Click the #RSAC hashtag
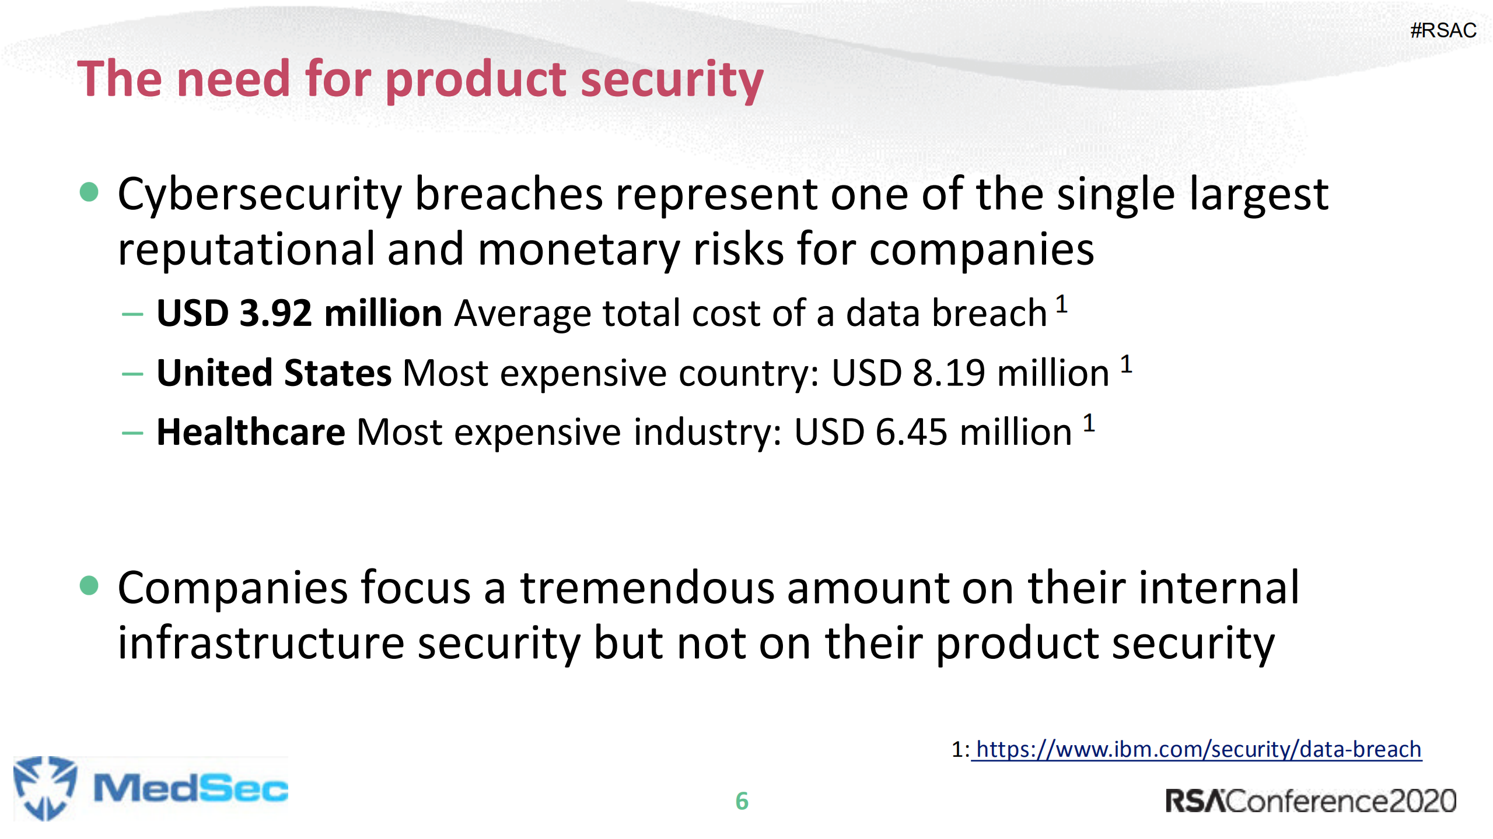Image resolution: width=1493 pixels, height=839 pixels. (1443, 30)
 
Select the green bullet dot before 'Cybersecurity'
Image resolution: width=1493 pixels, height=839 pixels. (89, 191)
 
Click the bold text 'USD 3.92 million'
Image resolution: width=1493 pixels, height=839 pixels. (299, 313)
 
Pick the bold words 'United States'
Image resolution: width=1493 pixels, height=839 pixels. (274, 373)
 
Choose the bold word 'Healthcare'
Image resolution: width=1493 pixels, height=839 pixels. (251, 432)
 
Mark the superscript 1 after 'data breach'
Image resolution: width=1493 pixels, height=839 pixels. (1061, 304)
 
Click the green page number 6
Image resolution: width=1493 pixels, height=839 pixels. (742, 801)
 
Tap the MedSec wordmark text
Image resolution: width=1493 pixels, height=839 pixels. (191, 789)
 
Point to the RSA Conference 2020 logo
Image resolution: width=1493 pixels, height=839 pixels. (1310, 801)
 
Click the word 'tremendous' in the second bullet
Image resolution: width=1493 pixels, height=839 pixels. (647, 588)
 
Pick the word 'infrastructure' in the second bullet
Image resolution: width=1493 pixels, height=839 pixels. (261, 643)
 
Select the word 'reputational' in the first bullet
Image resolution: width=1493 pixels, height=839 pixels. (246, 250)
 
